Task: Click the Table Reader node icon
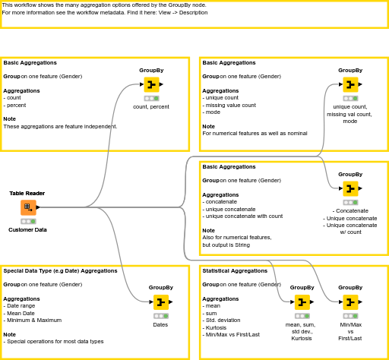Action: click(27, 207)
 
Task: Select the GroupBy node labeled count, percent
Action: click(151, 84)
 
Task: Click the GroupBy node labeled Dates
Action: click(160, 302)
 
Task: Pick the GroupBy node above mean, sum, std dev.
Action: click(302, 302)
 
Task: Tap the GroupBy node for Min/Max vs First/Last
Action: click(349, 302)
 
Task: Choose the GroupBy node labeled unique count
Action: click(349, 84)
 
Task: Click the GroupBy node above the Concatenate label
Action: click(349, 188)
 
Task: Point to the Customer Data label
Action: click(27, 229)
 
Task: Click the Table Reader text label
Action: click(27, 193)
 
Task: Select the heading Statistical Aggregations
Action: click(235, 270)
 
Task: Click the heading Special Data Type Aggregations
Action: click(60, 270)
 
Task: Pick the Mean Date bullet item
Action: click(26, 313)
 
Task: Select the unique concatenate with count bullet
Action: click(244, 216)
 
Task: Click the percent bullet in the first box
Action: click(14, 105)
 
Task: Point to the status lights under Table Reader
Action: click(27, 220)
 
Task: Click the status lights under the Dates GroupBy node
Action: click(160, 315)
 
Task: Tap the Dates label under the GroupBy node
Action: click(160, 324)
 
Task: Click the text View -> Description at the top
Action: click(183, 12)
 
